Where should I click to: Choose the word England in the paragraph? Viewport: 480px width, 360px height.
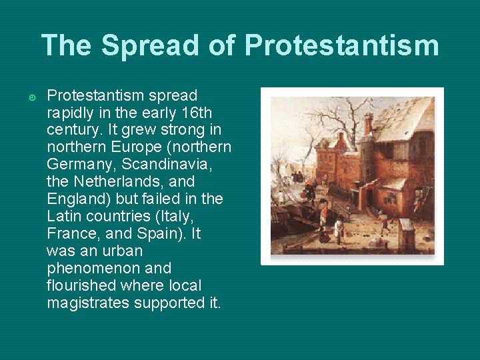75,199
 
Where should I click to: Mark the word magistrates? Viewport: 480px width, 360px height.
89,303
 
